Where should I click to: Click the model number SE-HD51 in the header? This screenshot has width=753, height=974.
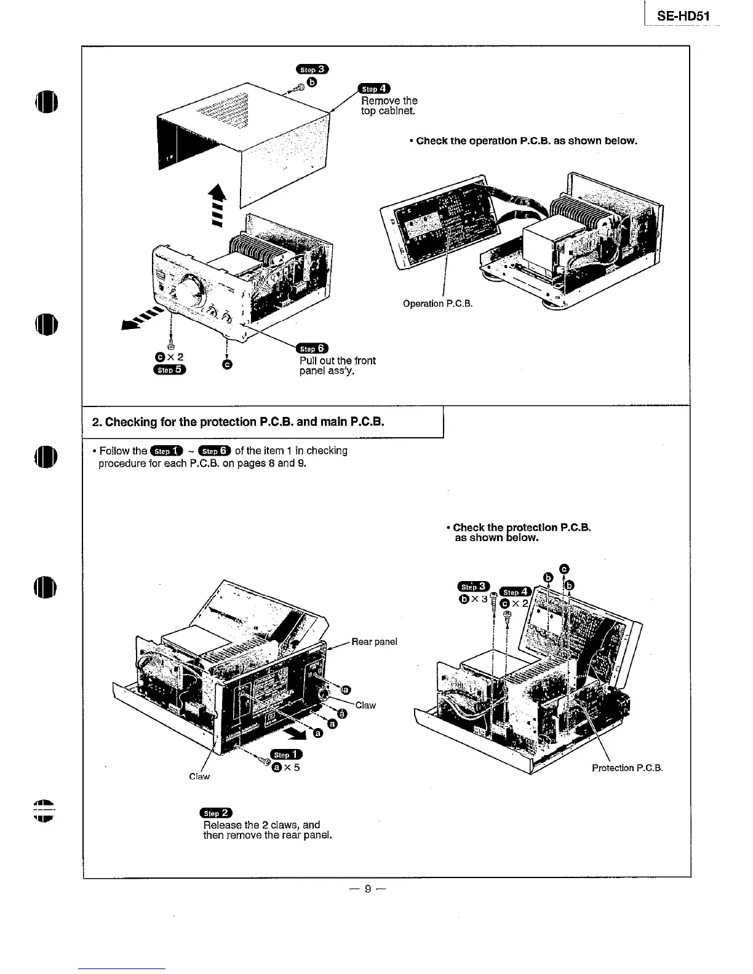click(683, 16)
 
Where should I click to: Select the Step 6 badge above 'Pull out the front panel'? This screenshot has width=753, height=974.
click(313, 349)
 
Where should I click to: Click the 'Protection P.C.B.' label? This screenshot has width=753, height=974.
click(627, 767)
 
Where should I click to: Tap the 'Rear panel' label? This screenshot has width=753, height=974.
click(374, 641)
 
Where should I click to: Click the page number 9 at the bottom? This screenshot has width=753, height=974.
click(367, 889)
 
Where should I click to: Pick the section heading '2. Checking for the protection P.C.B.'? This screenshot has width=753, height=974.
click(237, 422)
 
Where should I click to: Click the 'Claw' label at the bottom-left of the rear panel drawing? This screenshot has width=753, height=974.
click(199, 777)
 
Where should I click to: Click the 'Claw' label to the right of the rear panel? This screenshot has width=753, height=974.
click(365, 705)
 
